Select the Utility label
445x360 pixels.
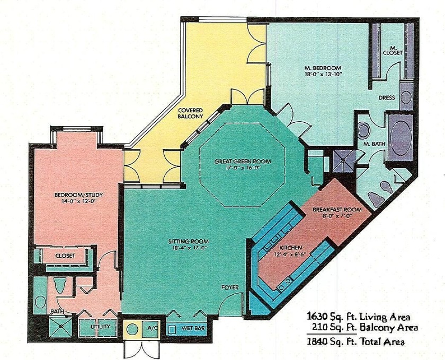tap(100, 327)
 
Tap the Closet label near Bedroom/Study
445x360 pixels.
tap(65, 255)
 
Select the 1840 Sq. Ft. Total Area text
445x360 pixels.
tap(356, 342)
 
